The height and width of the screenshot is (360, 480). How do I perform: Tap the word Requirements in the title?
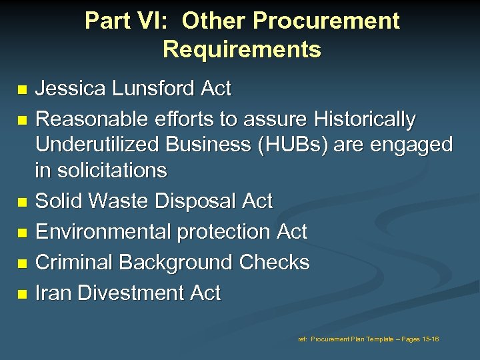[x=241, y=49]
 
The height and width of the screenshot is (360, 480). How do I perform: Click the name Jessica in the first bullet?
[x=72, y=88]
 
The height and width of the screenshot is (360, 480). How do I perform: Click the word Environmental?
[x=97, y=231]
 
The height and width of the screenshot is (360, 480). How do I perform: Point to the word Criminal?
[x=74, y=262]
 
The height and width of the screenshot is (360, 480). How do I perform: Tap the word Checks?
[x=275, y=262]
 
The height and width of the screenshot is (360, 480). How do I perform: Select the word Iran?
[x=53, y=293]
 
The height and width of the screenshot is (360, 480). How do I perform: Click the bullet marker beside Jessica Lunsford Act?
[x=24, y=89]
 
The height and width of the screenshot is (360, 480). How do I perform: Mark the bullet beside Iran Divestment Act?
[x=24, y=294]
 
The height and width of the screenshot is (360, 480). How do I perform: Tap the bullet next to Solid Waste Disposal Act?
[x=24, y=202]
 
